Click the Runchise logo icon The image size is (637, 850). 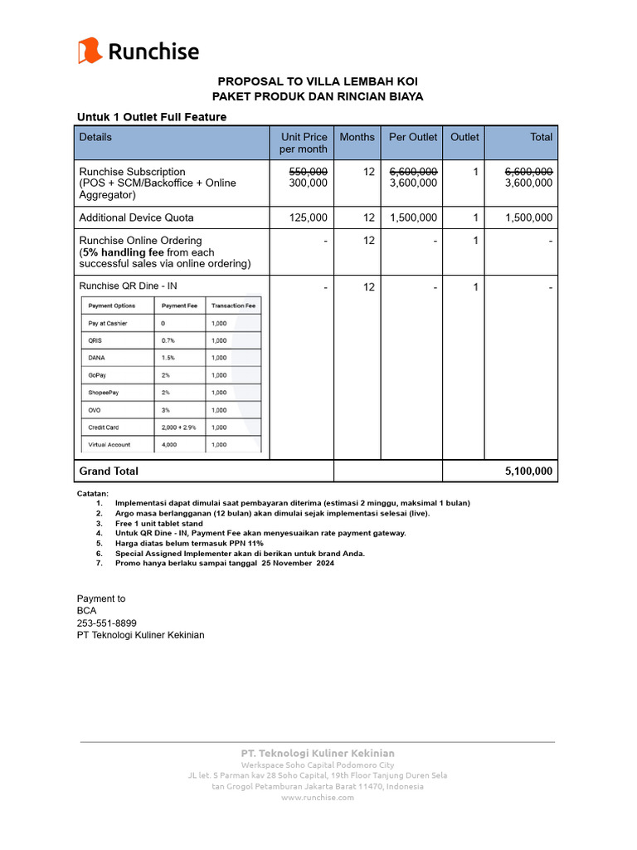click(90, 51)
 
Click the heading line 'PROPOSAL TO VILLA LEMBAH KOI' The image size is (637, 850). click(318, 81)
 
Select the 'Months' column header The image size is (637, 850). click(357, 137)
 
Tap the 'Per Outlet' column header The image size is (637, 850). click(412, 137)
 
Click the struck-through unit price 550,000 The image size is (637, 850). click(308, 171)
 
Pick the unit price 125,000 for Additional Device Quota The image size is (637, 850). click(308, 217)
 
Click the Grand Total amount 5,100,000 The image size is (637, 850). click(528, 471)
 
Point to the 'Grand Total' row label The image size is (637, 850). click(109, 471)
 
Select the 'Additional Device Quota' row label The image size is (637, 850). click(136, 217)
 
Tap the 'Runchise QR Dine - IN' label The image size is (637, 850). click(128, 286)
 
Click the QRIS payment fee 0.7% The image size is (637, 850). click(168, 340)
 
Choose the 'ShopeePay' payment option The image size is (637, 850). click(104, 393)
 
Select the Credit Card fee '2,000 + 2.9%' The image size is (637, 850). click(179, 427)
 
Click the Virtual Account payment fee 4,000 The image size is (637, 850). click(170, 445)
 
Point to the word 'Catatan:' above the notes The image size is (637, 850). click(93, 493)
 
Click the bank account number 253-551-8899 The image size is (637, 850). click(107, 623)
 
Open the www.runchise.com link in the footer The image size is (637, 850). click(318, 797)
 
